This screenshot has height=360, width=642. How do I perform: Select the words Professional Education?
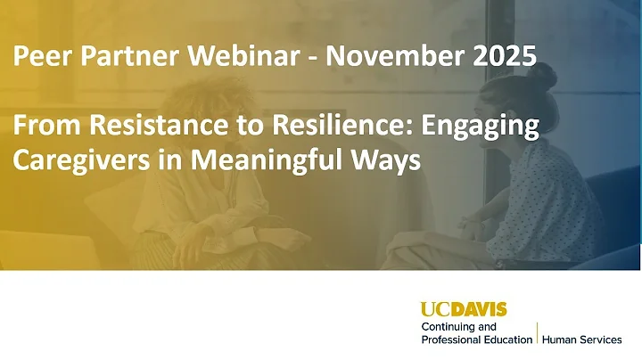(x=476, y=340)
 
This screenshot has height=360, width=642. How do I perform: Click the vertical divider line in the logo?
(x=537, y=334)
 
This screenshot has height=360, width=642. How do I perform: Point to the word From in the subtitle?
(x=39, y=128)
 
